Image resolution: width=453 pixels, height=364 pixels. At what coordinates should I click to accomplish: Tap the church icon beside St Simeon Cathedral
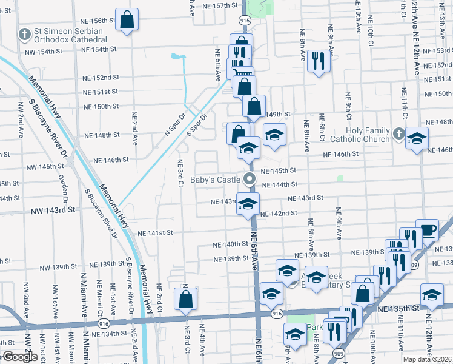click(25, 33)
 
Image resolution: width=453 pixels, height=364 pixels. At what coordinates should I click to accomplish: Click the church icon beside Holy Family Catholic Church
click(398, 133)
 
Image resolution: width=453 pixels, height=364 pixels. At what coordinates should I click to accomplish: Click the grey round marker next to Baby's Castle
click(249, 178)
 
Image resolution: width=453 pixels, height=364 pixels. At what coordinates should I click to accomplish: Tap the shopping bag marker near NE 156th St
click(127, 20)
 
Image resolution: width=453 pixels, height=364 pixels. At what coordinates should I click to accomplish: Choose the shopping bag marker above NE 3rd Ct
click(185, 298)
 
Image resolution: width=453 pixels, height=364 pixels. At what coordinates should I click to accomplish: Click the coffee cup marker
click(427, 231)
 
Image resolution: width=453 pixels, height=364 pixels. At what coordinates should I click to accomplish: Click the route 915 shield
click(244, 20)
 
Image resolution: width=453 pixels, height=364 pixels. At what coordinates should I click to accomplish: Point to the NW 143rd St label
click(55, 209)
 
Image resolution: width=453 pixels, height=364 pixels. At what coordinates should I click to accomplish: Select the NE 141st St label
click(155, 232)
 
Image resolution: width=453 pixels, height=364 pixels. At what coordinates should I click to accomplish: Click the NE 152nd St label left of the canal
click(101, 78)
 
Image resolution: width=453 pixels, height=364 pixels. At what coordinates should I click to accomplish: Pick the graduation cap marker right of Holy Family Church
click(417, 139)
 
